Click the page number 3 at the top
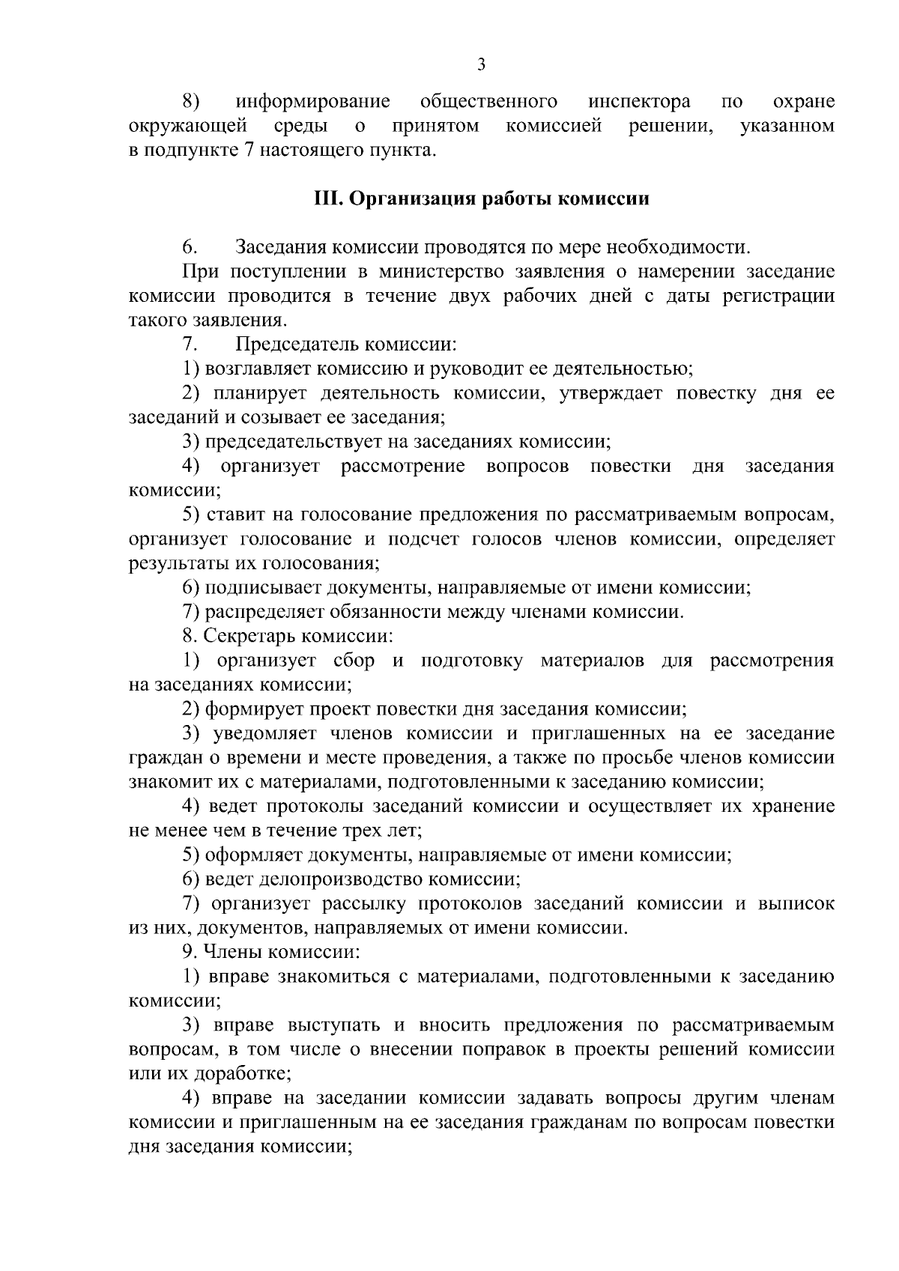point(481,65)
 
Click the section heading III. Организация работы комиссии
point(480,199)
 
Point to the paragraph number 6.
point(190,247)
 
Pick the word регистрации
point(778,296)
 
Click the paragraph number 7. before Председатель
point(190,345)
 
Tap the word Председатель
point(298,345)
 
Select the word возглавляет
point(258,368)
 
